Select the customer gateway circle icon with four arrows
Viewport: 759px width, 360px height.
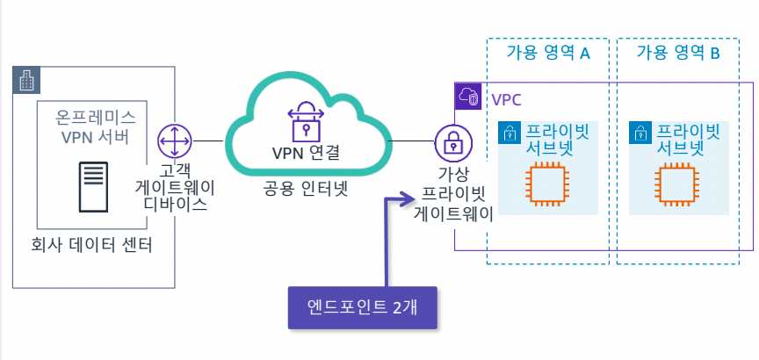coord(174,140)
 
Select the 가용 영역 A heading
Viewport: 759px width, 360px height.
coord(547,54)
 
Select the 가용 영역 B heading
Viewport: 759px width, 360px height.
coord(678,54)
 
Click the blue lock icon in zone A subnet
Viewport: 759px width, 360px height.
coord(509,133)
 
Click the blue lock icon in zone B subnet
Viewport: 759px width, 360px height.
coord(640,133)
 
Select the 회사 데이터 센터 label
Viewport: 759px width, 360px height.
coord(91,245)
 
